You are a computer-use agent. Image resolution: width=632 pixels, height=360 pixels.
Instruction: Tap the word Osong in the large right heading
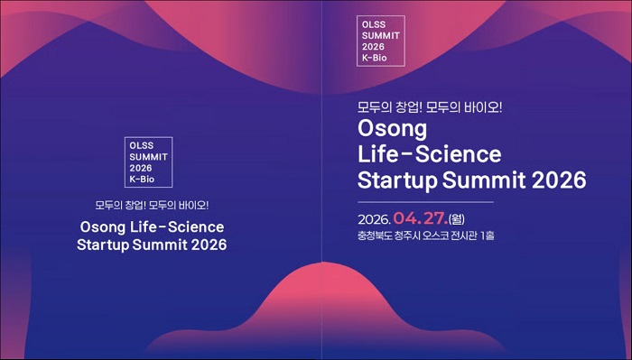pyautogui.click(x=396, y=126)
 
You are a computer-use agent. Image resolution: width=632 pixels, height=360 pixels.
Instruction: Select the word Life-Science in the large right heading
pyautogui.click(x=429, y=152)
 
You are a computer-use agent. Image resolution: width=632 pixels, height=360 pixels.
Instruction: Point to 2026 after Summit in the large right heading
pyautogui.click(x=557, y=178)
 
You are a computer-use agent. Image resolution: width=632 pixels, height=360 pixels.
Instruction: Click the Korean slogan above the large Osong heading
pyautogui.click(x=430, y=105)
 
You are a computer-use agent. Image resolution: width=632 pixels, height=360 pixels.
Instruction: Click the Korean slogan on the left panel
pyautogui.click(x=153, y=204)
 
